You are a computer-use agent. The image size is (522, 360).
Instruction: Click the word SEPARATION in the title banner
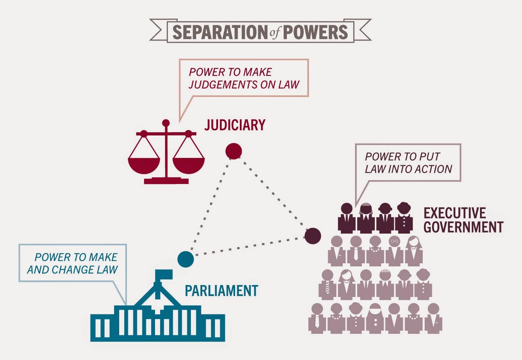pos(220,32)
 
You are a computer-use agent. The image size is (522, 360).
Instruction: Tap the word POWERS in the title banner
pos(315,32)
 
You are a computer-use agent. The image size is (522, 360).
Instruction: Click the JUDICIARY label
pos(235,125)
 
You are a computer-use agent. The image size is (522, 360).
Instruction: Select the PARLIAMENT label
pos(221,290)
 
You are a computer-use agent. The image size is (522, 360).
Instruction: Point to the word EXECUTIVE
pos(455,213)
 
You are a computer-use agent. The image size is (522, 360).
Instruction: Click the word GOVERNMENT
pos(464,227)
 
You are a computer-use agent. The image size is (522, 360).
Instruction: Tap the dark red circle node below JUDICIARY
pos(234,151)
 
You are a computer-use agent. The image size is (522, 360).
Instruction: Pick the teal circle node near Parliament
pos(185,259)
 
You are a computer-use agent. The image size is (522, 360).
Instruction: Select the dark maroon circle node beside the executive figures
pos(313,236)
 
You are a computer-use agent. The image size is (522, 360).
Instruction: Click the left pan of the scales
pos(144,166)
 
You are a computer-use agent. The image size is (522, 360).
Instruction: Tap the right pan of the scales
pos(188,166)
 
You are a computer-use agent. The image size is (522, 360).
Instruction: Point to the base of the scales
pos(166,181)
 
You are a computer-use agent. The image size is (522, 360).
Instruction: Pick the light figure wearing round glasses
pos(394,251)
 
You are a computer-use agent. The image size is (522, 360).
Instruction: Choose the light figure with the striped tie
pos(327,285)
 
